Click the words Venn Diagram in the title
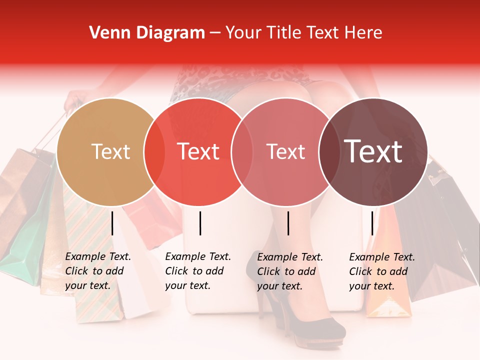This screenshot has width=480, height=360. pyautogui.click(x=147, y=33)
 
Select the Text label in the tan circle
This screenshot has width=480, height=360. pyautogui.click(x=110, y=151)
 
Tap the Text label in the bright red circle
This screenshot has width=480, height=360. pyautogui.click(x=198, y=151)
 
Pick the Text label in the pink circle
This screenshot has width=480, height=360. pyautogui.click(x=285, y=151)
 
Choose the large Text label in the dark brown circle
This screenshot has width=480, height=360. pyautogui.click(x=373, y=151)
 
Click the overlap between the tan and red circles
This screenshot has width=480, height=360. pyautogui.click(x=154, y=152)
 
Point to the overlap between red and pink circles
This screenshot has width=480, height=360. pyautogui.click(x=242, y=152)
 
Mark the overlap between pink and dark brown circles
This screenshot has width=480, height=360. pyautogui.click(x=328, y=152)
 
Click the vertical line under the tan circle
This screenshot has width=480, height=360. pyautogui.click(x=112, y=223)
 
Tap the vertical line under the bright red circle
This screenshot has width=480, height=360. pyautogui.click(x=200, y=223)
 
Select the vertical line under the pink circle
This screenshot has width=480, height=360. pyautogui.click(x=288, y=223)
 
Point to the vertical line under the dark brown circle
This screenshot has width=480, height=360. pyautogui.click(x=372, y=223)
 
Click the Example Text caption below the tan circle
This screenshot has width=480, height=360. pyautogui.click(x=97, y=271)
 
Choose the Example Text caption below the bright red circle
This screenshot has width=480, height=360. pyautogui.click(x=197, y=271)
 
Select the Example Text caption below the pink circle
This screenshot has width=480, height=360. pyautogui.click(x=289, y=271)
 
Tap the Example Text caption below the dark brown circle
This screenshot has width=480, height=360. pyautogui.click(x=381, y=271)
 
